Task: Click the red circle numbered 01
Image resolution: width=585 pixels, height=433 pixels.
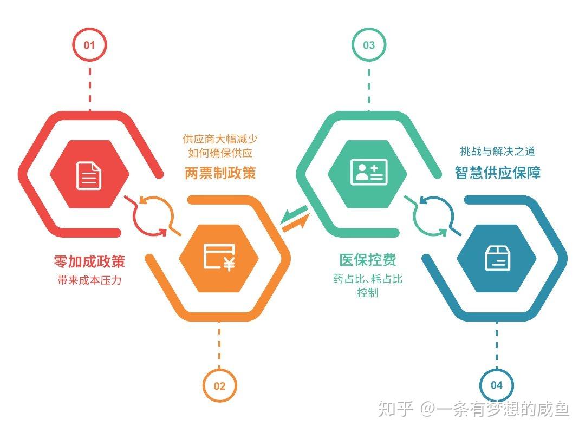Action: pyautogui.click(x=89, y=45)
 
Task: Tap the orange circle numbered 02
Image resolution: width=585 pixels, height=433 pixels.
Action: pyautogui.click(x=219, y=385)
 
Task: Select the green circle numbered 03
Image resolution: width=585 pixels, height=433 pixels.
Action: pyautogui.click(x=369, y=45)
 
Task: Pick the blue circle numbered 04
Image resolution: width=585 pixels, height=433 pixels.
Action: pyautogui.click(x=497, y=385)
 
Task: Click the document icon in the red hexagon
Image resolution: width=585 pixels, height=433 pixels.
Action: pyautogui.click(x=89, y=174)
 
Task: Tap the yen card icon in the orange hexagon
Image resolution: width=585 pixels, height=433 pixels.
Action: pyautogui.click(x=219, y=257)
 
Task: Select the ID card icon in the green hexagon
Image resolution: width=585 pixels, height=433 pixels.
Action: pyautogui.click(x=368, y=173)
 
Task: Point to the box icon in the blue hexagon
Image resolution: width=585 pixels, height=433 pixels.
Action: pyautogui.click(x=497, y=257)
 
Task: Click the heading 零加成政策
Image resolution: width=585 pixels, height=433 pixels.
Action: pyautogui.click(x=89, y=261)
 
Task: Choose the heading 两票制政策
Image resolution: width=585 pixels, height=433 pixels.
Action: pyautogui.click(x=220, y=173)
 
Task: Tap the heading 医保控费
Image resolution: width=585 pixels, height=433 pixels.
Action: pyautogui.click(x=368, y=260)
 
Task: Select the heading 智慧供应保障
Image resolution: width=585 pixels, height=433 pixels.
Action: pyautogui.click(x=497, y=173)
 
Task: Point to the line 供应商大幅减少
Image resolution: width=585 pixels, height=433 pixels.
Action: pyautogui.click(x=220, y=139)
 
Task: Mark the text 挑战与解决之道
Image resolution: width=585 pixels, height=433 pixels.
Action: pyautogui.click(x=497, y=152)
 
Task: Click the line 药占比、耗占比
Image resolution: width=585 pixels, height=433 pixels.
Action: pyautogui.click(x=368, y=279)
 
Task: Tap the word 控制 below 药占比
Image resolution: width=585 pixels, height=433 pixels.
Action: pyautogui.click(x=368, y=293)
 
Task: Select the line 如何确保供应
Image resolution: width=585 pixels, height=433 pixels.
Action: pyautogui.click(x=220, y=153)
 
